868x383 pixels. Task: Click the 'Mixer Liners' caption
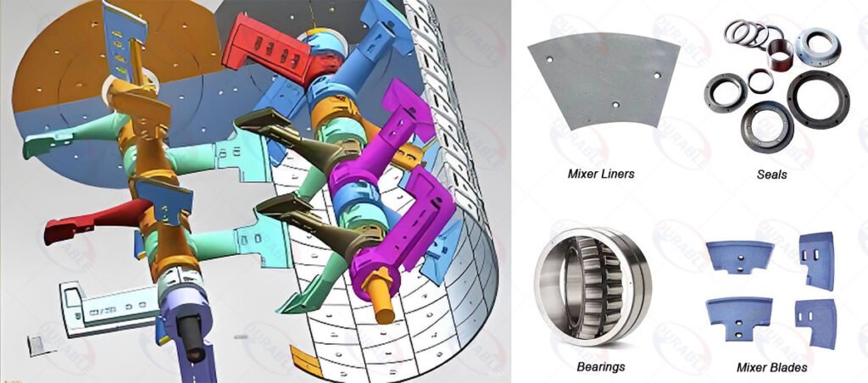[x=599, y=175]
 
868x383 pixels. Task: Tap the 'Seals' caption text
[x=771, y=175]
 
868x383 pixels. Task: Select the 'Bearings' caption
[x=600, y=367]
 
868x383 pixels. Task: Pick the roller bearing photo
[x=593, y=280]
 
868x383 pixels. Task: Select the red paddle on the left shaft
[x=81, y=222]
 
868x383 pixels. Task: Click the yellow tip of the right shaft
[x=385, y=313]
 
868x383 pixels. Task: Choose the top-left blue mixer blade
[x=739, y=258]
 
